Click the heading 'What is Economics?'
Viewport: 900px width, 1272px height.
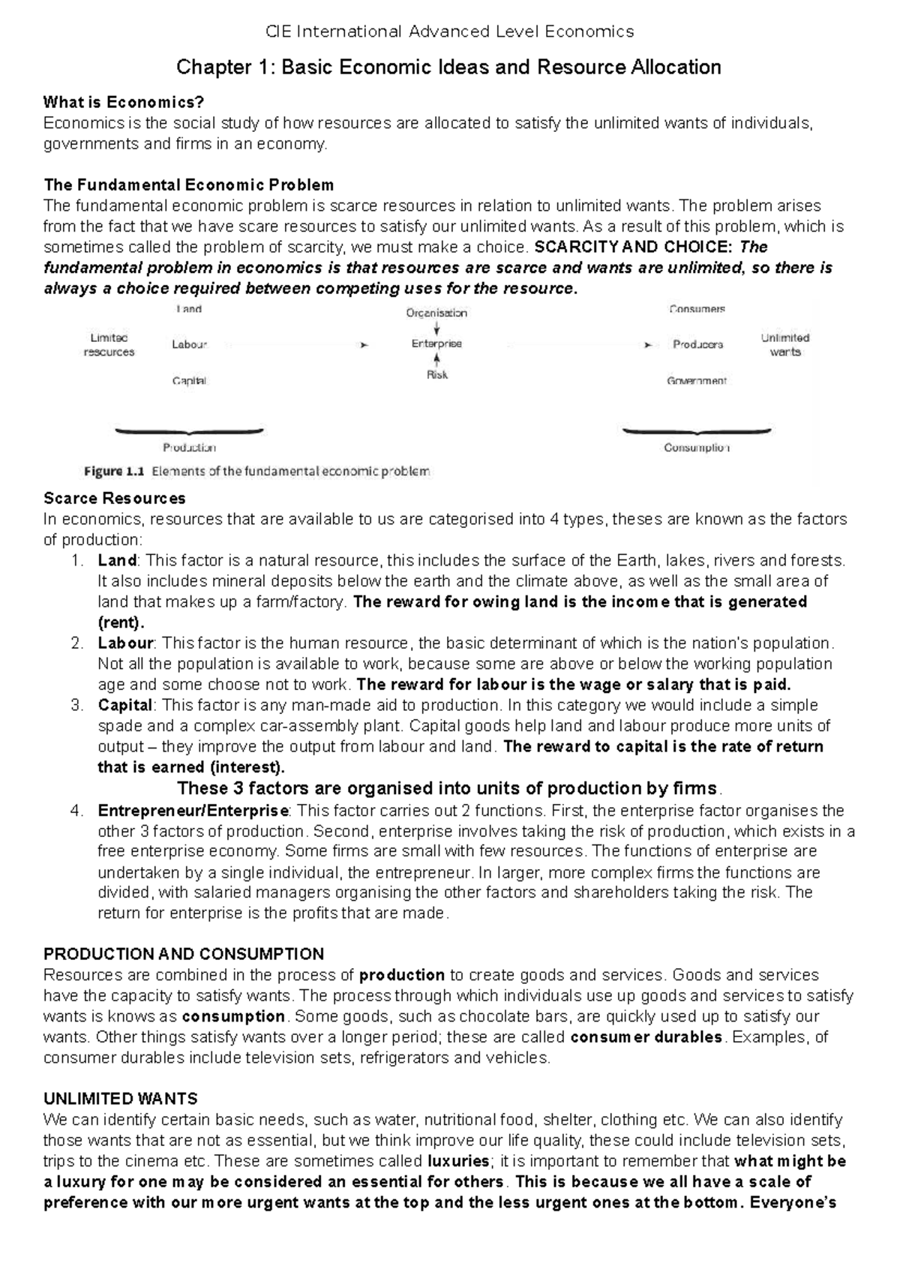coord(124,102)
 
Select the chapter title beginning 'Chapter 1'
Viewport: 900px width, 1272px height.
coord(448,67)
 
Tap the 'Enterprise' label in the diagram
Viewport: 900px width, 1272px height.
coord(436,343)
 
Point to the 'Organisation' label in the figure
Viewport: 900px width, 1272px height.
coord(436,313)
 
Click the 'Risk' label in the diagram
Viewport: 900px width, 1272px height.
coord(436,375)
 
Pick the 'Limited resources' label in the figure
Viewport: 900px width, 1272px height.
coord(109,345)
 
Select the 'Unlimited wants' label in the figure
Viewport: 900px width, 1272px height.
coord(785,344)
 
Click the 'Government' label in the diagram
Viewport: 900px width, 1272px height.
coord(697,381)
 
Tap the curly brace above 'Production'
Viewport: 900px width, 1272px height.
coord(188,432)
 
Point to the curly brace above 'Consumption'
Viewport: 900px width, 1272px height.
coord(697,432)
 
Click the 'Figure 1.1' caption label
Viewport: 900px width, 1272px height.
coord(112,472)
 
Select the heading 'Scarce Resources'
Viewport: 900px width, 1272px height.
coord(115,498)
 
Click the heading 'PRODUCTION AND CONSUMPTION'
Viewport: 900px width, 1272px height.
coord(184,954)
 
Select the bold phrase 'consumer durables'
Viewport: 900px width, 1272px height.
coord(646,1037)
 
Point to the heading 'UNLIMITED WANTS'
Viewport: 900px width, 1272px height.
coord(121,1099)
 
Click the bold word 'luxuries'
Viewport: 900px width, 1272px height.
coord(458,1161)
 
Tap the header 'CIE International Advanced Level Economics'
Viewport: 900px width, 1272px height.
coord(450,31)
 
